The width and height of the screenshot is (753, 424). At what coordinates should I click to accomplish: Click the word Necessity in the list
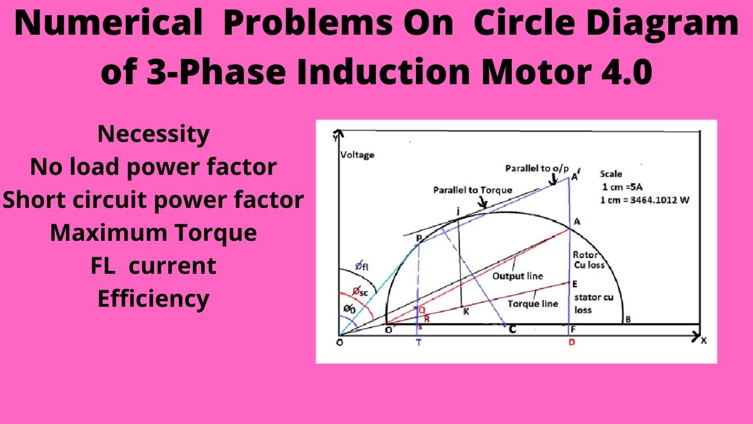pos(154,135)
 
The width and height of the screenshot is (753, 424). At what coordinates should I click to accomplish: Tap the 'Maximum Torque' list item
pos(154,233)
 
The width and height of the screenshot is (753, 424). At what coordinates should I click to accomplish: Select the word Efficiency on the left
pos(154,299)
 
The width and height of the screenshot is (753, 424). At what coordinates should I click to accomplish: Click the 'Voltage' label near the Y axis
pos(357,155)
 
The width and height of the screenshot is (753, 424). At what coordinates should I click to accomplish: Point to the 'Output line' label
pos(518,276)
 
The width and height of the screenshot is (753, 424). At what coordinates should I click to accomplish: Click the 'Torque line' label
pos(533,303)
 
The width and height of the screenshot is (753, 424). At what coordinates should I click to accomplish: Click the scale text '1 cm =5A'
pos(623,187)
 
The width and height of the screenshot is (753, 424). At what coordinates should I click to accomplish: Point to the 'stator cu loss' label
pos(593,303)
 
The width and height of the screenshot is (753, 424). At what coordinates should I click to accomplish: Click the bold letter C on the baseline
pos(512,330)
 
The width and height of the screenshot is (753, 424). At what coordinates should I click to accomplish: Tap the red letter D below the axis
pos(571,343)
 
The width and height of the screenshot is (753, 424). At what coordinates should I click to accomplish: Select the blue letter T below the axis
pos(418,343)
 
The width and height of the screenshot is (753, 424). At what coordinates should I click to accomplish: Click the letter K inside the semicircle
pos(465,312)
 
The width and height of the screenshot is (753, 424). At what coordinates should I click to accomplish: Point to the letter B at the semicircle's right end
pos(628,320)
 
